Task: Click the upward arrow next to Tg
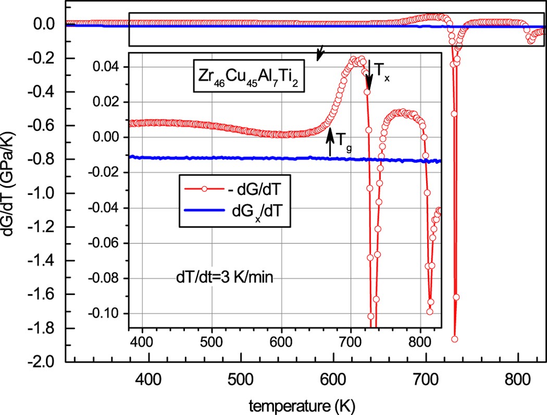[x=330, y=142]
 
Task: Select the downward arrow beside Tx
[x=369, y=73]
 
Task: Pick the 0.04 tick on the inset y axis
[x=108, y=67]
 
